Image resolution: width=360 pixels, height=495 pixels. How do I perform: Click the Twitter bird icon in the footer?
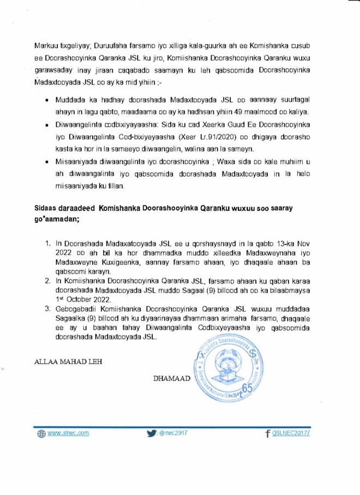[151, 433]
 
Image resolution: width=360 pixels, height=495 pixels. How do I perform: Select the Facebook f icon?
[267, 434]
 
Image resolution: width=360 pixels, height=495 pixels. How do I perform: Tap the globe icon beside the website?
[41, 434]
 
